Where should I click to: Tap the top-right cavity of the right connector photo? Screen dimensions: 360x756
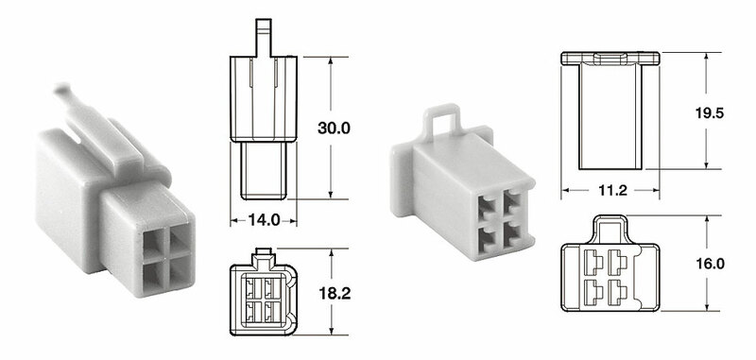(512, 203)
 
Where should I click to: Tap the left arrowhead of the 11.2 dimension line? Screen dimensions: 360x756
(566, 191)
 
